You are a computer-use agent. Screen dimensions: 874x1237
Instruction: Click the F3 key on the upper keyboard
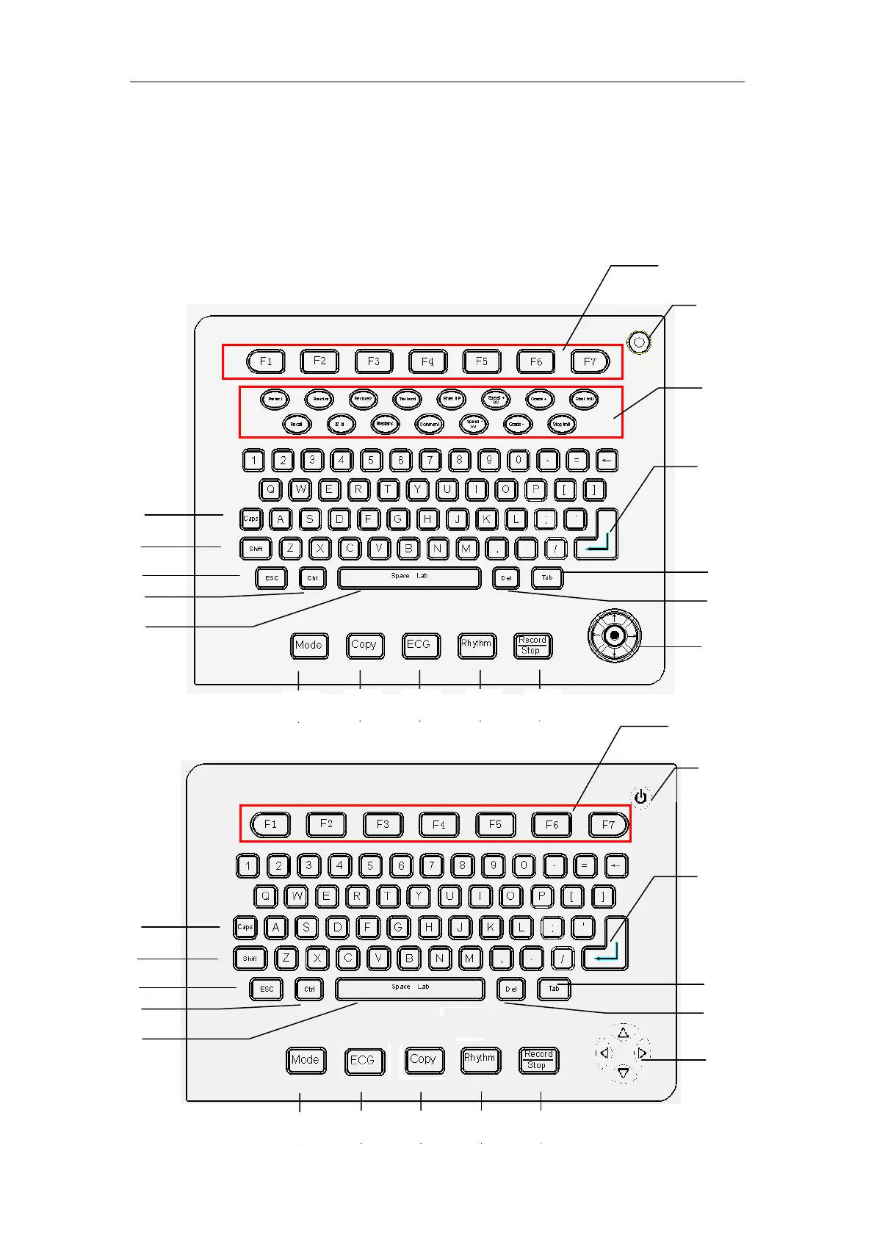[x=374, y=361]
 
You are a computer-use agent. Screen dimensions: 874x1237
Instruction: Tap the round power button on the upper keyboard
[x=640, y=342]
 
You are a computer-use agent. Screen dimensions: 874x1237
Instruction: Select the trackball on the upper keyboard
[x=614, y=635]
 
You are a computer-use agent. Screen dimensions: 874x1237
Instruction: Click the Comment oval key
[x=429, y=425]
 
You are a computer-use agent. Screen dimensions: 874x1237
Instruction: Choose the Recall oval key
[x=297, y=425]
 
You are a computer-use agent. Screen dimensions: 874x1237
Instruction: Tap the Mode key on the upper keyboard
[x=308, y=645]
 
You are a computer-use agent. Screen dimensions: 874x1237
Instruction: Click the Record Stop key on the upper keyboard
[x=532, y=646]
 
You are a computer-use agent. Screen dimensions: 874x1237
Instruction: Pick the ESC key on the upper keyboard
[x=272, y=578]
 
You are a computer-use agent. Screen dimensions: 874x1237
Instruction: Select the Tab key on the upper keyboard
[x=547, y=578]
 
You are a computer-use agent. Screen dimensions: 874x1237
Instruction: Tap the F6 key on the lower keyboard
[x=552, y=825]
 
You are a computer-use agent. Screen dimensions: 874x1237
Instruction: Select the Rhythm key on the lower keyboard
[x=480, y=1059]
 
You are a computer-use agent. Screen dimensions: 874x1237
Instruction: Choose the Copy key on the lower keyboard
[x=422, y=1060]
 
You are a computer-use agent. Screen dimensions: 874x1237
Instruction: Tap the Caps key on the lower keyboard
[x=245, y=927]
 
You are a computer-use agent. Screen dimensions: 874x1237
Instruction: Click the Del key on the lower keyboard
[x=511, y=989]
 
